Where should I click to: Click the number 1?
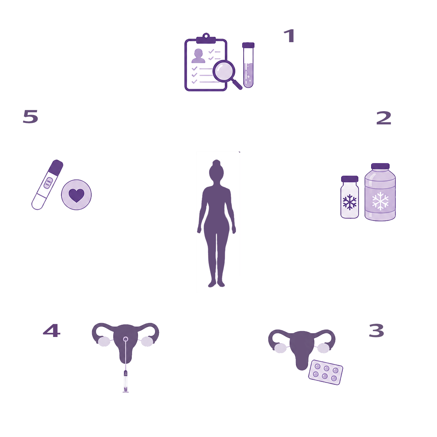tap(289, 36)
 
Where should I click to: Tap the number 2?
tap(384, 118)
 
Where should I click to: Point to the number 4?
tap(52, 330)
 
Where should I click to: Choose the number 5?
tap(30, 116)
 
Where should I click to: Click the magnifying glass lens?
tap(224, 71)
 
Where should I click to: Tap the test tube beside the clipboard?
tap(248, 65)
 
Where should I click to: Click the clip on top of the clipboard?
tap(206, 39)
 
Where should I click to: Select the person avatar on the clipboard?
tap(198, 55)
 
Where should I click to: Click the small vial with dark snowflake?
tap(350, 197)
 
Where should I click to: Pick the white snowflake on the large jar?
tap(380, 201)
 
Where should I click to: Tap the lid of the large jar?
tap(380, 166)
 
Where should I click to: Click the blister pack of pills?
tap(325, 373)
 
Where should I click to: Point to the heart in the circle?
tap(76, 195)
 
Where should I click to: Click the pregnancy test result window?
tap(48, 183)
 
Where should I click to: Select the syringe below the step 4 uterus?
tap(126, 381)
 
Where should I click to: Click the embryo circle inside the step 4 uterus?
tap(125, 339)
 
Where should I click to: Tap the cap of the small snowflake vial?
tap(350, 179)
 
